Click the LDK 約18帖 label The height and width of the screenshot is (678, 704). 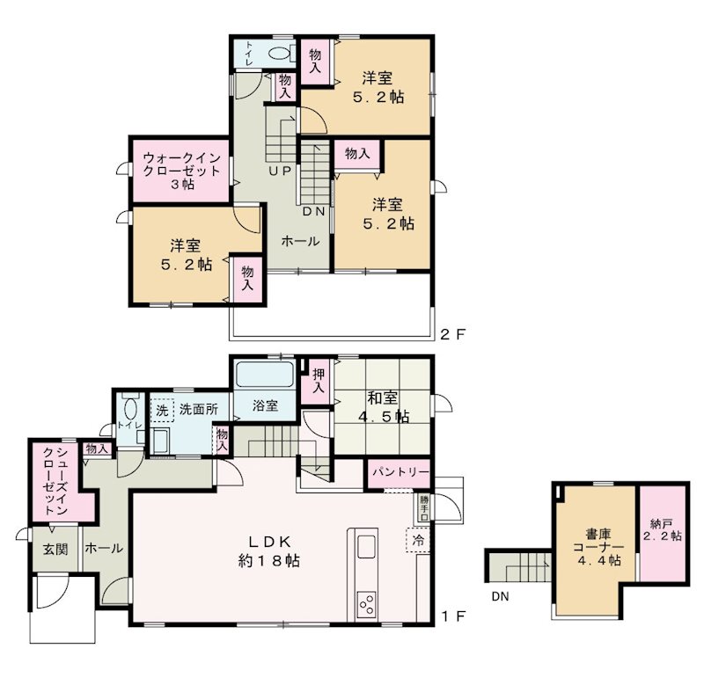(269, 551)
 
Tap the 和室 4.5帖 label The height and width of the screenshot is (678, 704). (383, 407)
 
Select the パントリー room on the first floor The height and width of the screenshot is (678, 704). (400, 473)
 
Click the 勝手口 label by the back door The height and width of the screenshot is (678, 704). (424, 507)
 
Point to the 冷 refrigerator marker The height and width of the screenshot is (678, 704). (418, 540)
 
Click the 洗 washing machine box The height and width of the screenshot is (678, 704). (162, 410)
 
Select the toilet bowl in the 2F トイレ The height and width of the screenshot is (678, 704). (279, 54)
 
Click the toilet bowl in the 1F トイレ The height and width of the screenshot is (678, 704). (130, 409)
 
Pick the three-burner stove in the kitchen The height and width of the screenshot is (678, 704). (366, 604)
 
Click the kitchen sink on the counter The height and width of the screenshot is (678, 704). (366, 547)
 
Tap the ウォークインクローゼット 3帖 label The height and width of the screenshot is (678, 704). (182, 171)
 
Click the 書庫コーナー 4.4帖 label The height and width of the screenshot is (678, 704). (599, 547)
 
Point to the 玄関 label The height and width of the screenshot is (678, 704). (55, 549)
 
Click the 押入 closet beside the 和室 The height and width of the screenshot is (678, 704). (318, 381)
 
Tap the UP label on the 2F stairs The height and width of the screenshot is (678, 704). (280, 171)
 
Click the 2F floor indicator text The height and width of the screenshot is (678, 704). (453, 334)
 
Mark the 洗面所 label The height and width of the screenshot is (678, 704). (199, 409)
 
